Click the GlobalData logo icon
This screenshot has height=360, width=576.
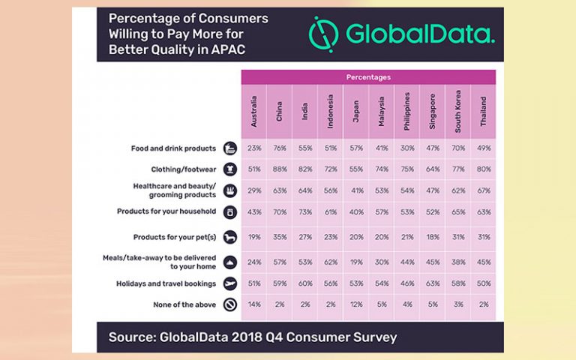tap(325, 34)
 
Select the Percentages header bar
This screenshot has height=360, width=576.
tap(368, 77)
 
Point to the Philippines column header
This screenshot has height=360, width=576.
tap(407, 111)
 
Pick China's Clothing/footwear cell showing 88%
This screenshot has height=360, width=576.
tap(280, 170)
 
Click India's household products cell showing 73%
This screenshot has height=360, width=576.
tap(305, 212)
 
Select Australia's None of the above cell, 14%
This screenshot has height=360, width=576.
tap(254, 305)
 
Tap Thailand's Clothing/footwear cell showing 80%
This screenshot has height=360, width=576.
tap(484, 170)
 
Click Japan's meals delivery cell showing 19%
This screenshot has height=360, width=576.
tap(356, 262)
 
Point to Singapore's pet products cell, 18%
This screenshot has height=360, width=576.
tap(433, 238)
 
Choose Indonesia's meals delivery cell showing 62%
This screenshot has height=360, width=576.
tap(331, 262)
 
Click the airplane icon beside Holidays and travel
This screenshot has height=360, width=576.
tap(229, 283)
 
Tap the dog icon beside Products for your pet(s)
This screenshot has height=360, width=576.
tap(229, 238)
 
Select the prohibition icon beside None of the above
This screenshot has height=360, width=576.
tap(229, 305)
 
